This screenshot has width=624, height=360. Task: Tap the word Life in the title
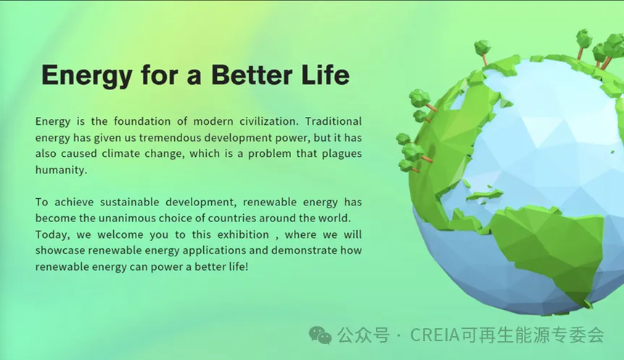326,75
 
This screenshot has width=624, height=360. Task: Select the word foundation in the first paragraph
142,121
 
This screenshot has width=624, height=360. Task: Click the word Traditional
334,121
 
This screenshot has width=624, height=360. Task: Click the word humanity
61,170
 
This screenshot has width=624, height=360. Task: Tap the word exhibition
243,234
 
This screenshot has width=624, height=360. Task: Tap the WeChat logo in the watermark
321,335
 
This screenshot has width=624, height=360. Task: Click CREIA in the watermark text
435,335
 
